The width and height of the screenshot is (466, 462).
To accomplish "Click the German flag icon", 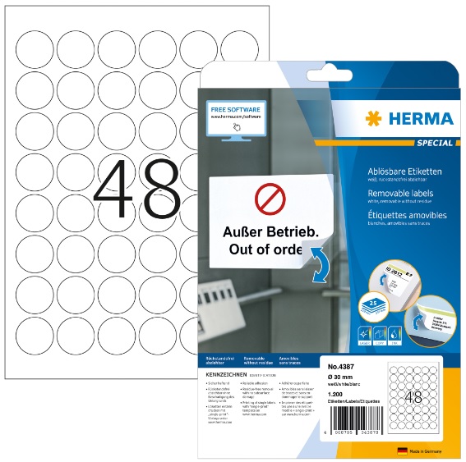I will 403,451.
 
